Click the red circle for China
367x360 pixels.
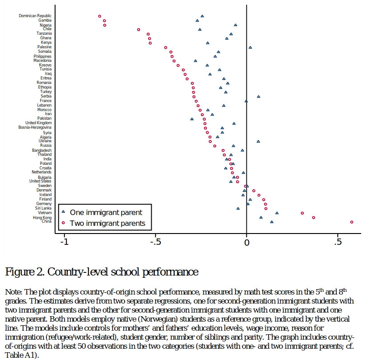click(352, 222)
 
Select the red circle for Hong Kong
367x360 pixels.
click(313, 217)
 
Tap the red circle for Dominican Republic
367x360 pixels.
click(100, 16)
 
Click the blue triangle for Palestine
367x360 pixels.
click(250, 47)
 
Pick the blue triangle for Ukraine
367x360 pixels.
click(258, 141)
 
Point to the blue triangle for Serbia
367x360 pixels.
click(259, 96)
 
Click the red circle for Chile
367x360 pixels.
click(139, 29)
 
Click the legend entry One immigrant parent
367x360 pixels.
click(106, 212)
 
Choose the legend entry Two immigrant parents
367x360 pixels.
click(107, 223)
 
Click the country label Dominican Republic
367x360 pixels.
click(35, 16)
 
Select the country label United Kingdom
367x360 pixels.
click(38, 123)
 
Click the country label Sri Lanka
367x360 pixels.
click(43, 208)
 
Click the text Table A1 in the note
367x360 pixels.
click(18, 355)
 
